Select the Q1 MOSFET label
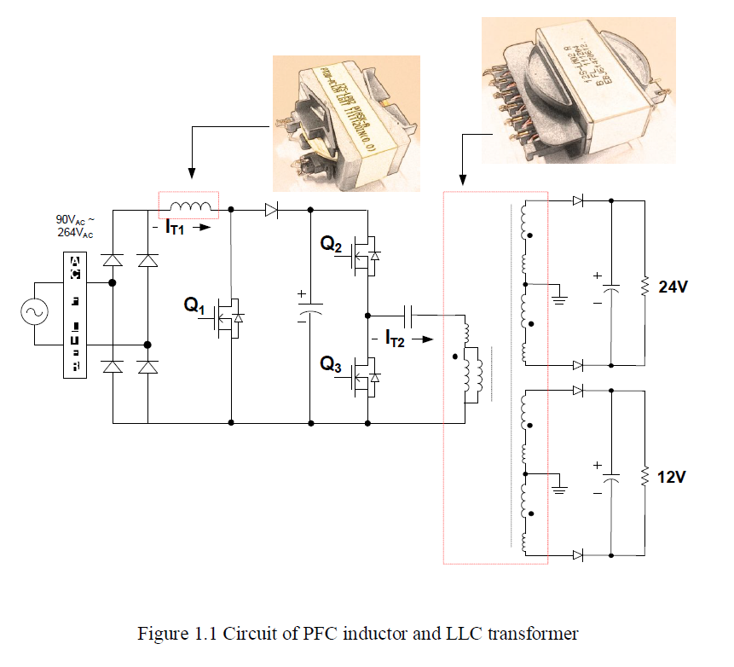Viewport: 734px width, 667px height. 194,304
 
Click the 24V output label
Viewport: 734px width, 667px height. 673,287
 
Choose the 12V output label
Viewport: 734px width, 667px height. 673,477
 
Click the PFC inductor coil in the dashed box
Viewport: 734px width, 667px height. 189,206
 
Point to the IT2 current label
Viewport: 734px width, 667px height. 395,339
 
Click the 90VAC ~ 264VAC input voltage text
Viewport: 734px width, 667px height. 76,226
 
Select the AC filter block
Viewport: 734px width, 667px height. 75,313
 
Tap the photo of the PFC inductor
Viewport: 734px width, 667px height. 346,122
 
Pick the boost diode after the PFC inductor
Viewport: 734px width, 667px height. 270,207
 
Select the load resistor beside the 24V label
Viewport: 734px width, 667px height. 645,284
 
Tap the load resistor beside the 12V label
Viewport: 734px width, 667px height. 645,473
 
